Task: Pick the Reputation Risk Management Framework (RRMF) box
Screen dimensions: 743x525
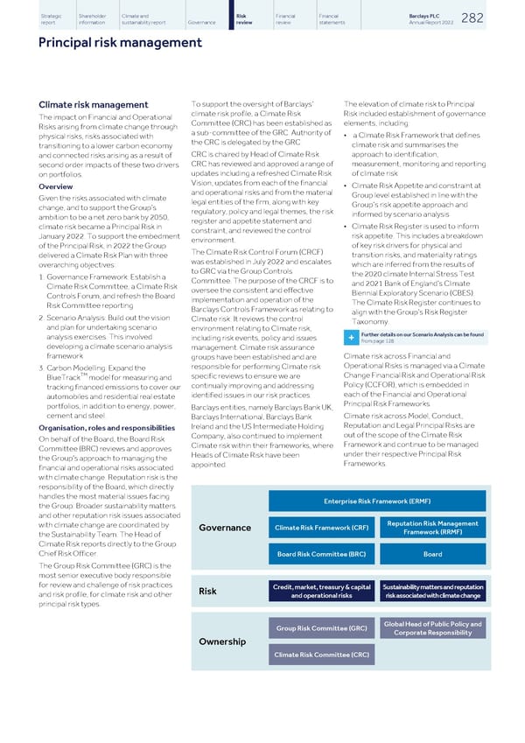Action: (431, 527)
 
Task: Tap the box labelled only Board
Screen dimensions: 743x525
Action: (431, 554)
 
